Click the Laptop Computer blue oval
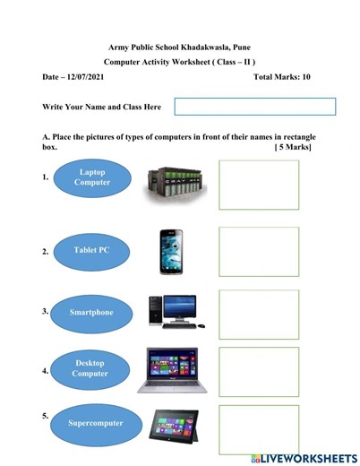[92, 177]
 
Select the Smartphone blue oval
[92, 313]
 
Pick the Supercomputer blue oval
[92, 420]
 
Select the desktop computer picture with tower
[173, 312]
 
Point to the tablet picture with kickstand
[174, 423]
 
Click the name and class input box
[254, 107]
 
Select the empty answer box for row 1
[259, 184]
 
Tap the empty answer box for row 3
[259, 315]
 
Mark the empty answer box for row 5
[259, 429]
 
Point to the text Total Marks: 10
[282, 78]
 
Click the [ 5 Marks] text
[293, 147]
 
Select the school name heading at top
[179, 46]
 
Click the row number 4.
[45, 369]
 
